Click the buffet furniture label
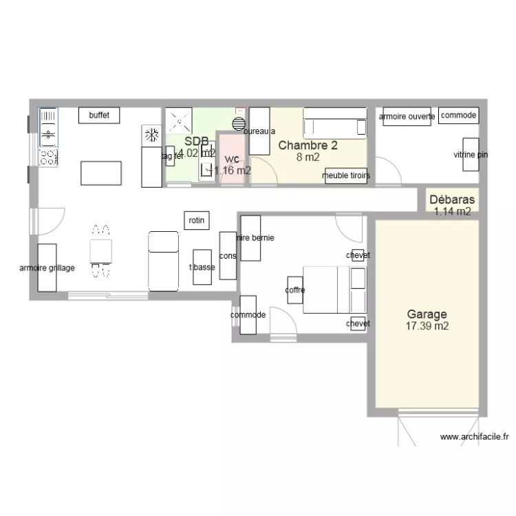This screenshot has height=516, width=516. point(99,116)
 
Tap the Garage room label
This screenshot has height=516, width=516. point(427,314)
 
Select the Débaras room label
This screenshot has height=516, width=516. point(451,200)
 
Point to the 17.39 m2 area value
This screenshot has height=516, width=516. point(427,326)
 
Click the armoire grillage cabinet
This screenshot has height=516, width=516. point(47,268)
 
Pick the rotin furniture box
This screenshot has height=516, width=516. point(197,220)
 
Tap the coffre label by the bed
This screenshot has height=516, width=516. point(295,290)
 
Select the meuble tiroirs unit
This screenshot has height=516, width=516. point(346,176)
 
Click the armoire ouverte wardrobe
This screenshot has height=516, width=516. point(407,117)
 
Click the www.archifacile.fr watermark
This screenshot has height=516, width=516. point(474,436)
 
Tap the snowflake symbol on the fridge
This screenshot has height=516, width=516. point(151,136)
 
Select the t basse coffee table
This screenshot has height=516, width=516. point(202,266)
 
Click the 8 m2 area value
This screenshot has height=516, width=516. point(308,157)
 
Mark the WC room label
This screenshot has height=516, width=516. point(232,159)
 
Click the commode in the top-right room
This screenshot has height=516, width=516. point(458,116)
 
